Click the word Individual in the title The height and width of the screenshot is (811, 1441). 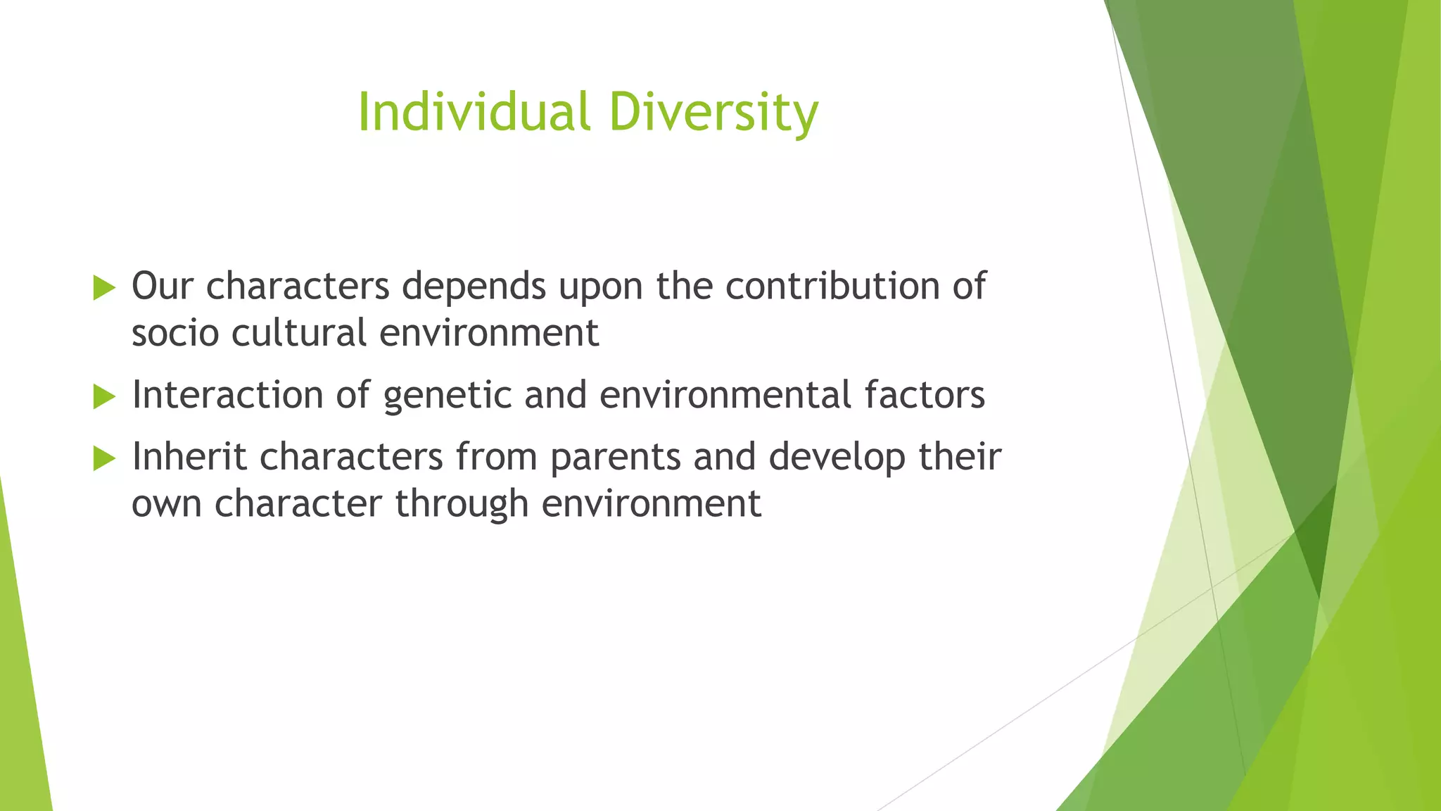click(x=473, y=113)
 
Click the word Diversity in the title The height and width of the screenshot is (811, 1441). click(x=713, y=113)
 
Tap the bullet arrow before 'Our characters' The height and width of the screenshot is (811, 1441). click(x=103, y=288)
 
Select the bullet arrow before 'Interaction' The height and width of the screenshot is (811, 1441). click(x=103, y=396)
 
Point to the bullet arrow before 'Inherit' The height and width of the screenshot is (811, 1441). click(x=103, y=458)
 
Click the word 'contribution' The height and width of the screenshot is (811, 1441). click(x=832, y=287)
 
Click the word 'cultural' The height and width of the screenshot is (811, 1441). click(x=298, y=333)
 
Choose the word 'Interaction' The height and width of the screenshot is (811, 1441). click(x=227, y=395)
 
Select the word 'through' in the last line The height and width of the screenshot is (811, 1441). click(x=462, y=504)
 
